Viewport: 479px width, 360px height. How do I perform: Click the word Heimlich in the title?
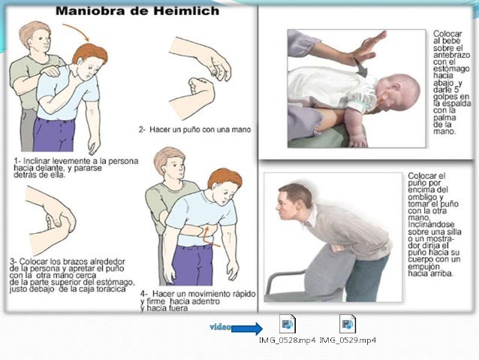pyautogui.click(x=186, y=11)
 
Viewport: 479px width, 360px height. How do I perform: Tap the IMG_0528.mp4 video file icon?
pyautogui.click(x=287, y=324)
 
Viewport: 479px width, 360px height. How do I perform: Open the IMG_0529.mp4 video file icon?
pyautogui.click(x=348, y=324)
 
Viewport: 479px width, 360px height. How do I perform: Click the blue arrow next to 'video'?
pyautogui.click(x=247, y=328)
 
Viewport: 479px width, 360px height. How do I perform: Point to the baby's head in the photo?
pyautogui.click(x=399, y=92)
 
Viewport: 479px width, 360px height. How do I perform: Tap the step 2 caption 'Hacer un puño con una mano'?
pyautogui.click(x=194, y=130)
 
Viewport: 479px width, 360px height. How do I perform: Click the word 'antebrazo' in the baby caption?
pyautogui.click(x=451, y=55)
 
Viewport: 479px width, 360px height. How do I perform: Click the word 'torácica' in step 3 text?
pyautogui.click(x=110, y=289)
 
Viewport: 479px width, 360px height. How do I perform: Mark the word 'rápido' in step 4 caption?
pyautogui.click(x=243, y=294)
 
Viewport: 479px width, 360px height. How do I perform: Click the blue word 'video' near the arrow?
pyautogui.click(x=220, y=327)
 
